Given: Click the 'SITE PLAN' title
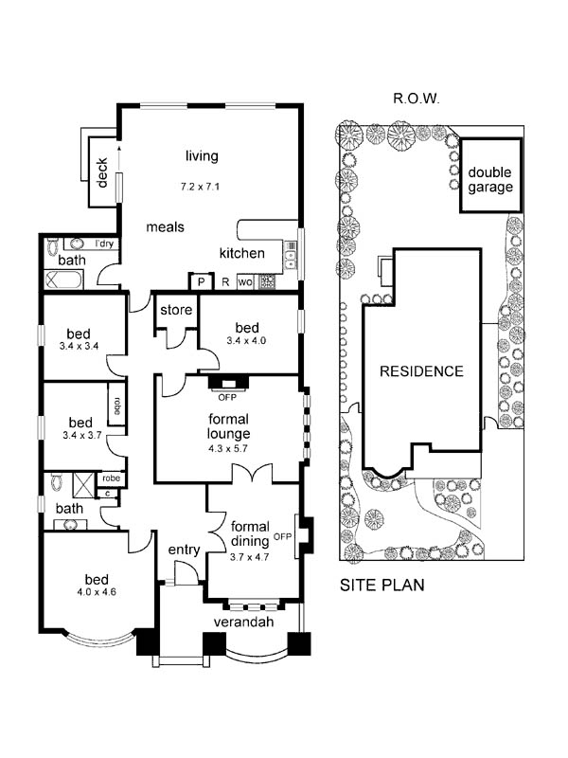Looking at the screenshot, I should (382, 585).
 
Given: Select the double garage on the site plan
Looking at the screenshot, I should (490, 177).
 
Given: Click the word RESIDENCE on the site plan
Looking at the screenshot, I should (421, 371).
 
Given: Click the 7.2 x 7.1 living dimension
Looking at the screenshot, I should (200, 186).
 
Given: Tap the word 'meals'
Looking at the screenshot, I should (165, 227).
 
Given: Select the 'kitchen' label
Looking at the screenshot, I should (241, 253).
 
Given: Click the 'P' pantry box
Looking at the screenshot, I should (201, 281).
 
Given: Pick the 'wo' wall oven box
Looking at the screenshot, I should (244, 281).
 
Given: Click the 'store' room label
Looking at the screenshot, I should (176, 310).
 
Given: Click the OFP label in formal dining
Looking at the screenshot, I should (282, 537).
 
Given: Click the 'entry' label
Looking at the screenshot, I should (184, 550).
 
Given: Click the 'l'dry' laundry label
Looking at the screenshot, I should (104, 244).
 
